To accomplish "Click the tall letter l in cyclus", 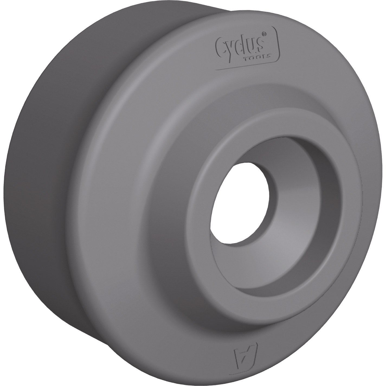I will [x=245, y=43].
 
